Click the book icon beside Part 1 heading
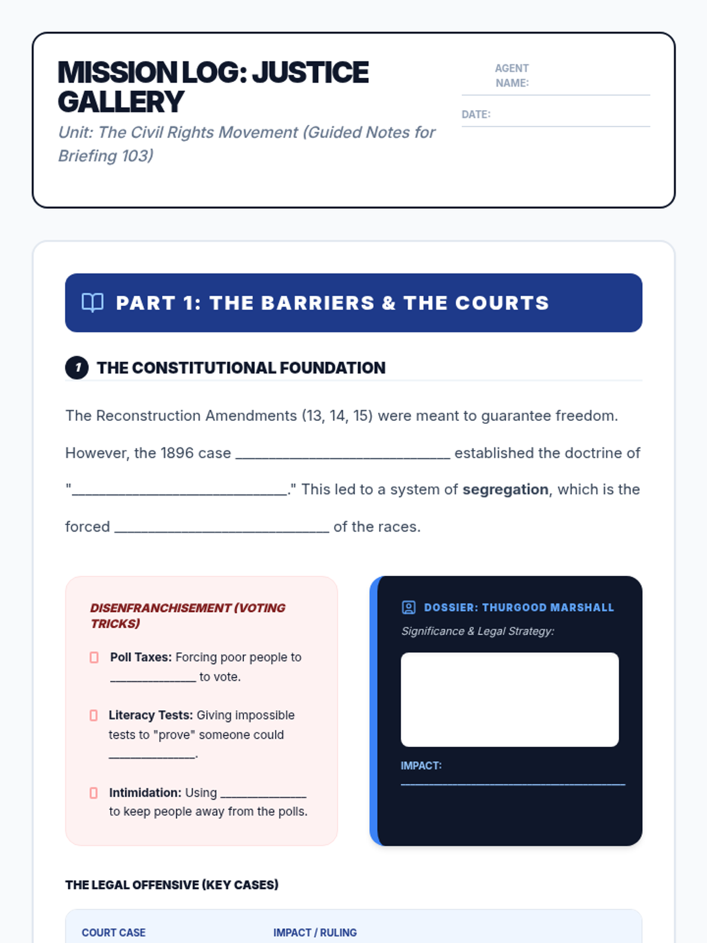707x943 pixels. click(x=92, y=303)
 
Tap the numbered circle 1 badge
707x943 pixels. click(x=77, y=368)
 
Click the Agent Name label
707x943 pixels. click(x=511, y=75)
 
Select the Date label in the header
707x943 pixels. click(x=476, y=114)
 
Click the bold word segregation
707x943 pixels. click(x=505, y=490)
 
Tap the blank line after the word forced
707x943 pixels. click(x=222, y=528)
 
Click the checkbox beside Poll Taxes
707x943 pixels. click(x=94, y=657)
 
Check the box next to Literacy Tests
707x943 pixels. click(x=94, y=716)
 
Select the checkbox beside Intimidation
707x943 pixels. click(x=94, y=793)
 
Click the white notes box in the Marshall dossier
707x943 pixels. click(x=510, y=700)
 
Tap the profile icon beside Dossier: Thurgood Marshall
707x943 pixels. click(x=408, y=608)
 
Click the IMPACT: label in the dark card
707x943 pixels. click(x=421, y=766)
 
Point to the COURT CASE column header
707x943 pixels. click(x=114, y=932)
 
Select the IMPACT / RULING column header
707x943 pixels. click(x=315, y=932)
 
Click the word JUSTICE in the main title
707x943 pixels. click(x=310, y=73)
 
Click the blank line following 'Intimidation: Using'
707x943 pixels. click(x=263, y=794)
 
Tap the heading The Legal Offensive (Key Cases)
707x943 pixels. click(x=172, y=885)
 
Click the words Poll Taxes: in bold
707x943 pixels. click(x=141, y=657)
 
